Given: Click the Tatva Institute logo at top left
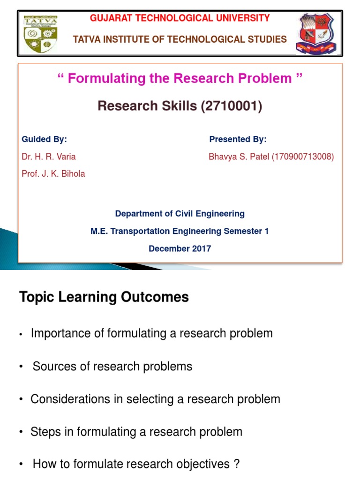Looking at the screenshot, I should (42, 34).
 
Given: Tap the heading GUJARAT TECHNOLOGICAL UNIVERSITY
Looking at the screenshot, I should (180, 18).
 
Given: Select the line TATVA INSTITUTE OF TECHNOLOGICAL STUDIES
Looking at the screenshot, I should (180, 39).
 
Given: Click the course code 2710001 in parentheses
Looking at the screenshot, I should (231, 106).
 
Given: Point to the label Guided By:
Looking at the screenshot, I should (45, 139).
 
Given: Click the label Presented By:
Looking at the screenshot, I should (238, 139).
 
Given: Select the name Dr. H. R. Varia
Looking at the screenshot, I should (49, 157).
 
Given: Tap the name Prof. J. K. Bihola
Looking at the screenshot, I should (53, 174).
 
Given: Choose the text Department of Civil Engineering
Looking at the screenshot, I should (180, 214).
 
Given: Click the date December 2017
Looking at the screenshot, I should (180, 248).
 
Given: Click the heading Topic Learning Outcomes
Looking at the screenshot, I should (104, 297).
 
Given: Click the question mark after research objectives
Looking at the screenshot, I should (236, 465).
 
